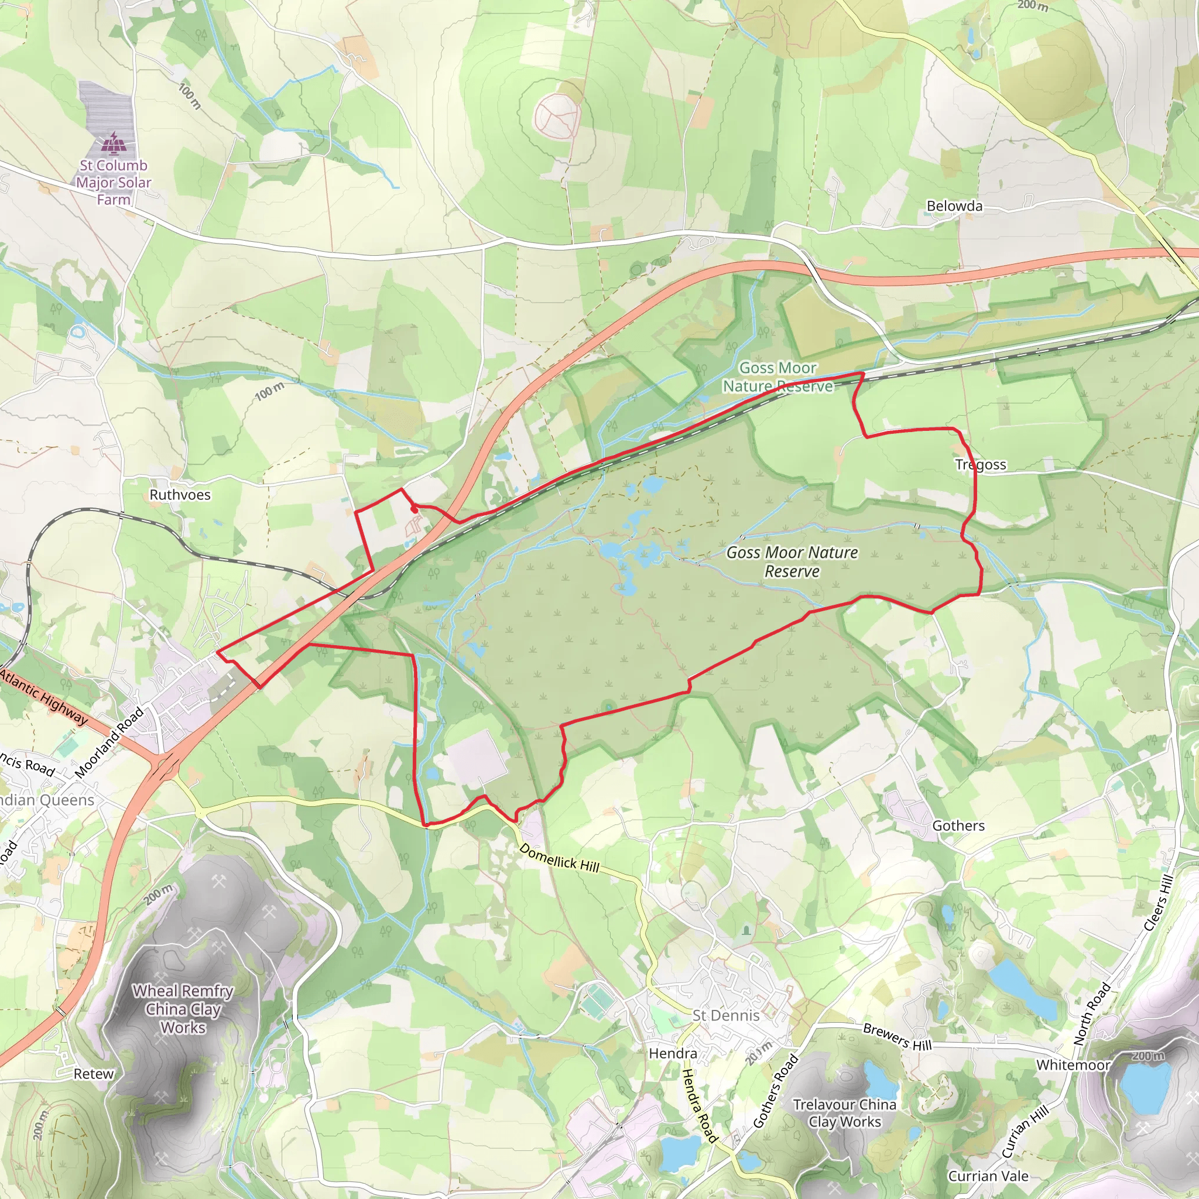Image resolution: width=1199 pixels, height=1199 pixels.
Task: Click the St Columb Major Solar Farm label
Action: (114, 183)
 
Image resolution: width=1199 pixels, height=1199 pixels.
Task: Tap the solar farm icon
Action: (114, 144)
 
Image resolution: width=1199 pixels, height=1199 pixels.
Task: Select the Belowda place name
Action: (954, 206)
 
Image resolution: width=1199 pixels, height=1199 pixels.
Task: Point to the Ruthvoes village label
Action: (180, 495)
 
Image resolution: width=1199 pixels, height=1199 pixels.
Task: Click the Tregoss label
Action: (981, 464)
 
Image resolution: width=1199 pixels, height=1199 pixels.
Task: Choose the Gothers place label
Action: (958, 825)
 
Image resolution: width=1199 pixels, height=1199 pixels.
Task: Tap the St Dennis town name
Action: (725, 1015)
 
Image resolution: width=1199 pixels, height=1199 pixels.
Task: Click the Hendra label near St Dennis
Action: (673, 1053)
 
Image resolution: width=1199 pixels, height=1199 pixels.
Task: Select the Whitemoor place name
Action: (1073, 1065)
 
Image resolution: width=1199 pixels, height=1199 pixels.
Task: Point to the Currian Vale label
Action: (988, 1176)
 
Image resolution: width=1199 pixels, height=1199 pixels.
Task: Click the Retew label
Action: (94, 1074)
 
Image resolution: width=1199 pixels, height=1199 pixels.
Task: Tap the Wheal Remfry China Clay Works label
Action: (183, 1009)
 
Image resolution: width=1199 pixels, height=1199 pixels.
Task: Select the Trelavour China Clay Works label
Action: (844, 1113)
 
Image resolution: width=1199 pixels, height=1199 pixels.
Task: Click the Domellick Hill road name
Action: (559, 858)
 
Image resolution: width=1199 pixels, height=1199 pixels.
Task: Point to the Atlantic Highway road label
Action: (43, 696)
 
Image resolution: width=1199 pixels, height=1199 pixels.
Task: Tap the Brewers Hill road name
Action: (897, 1037)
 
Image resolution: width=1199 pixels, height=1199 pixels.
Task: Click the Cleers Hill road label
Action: (1158, 902)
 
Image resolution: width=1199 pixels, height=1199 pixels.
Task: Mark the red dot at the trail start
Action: (414, 510)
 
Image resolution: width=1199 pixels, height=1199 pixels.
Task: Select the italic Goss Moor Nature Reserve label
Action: (792, 561)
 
